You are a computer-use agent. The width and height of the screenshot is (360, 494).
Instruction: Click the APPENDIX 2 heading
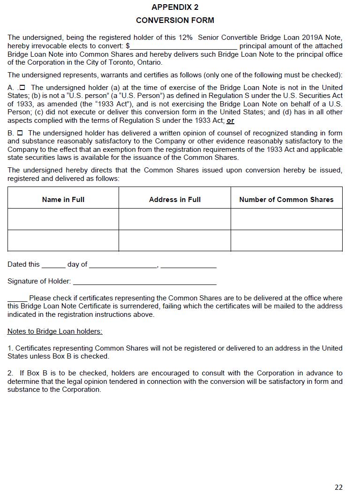click(x=175, y=7)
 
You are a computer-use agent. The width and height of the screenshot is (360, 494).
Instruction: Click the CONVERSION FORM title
click(x=175, y=20)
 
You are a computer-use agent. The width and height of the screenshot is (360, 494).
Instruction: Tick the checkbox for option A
click(x=22, y=88)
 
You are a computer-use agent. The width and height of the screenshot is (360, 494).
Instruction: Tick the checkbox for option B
click(x=20, y=133)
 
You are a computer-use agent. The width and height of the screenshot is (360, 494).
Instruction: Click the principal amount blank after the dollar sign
click(x=183, y=46)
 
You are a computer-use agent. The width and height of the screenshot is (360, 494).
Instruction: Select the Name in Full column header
click(x=63, y=200)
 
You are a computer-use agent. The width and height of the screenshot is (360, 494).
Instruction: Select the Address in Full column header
click(x=175, y=200)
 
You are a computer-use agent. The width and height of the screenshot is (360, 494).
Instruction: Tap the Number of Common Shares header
click(x=286, y=200)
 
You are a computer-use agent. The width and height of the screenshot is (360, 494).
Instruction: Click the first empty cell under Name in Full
click(x=63, y=219)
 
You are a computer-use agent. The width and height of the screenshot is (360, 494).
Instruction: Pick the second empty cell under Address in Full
click(x=175, y=240)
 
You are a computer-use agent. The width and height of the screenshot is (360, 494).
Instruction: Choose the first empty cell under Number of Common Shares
click(x=286, y=219)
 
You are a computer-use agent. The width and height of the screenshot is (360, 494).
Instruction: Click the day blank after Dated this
click(x=53, y=265)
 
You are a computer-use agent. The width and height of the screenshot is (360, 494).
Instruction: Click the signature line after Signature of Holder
click(x=145, y=282)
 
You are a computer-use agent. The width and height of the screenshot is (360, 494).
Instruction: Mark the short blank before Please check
click(x=17, y=299)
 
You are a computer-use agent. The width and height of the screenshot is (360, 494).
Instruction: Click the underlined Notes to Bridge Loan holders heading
click(x=55, y=331)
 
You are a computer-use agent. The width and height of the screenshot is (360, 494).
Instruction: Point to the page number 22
click(x=338, y=487)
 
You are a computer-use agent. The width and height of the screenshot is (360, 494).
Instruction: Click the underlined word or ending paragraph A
click(x=230, y=121)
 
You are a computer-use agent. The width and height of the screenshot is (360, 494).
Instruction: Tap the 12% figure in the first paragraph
click(x=185, y=37)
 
